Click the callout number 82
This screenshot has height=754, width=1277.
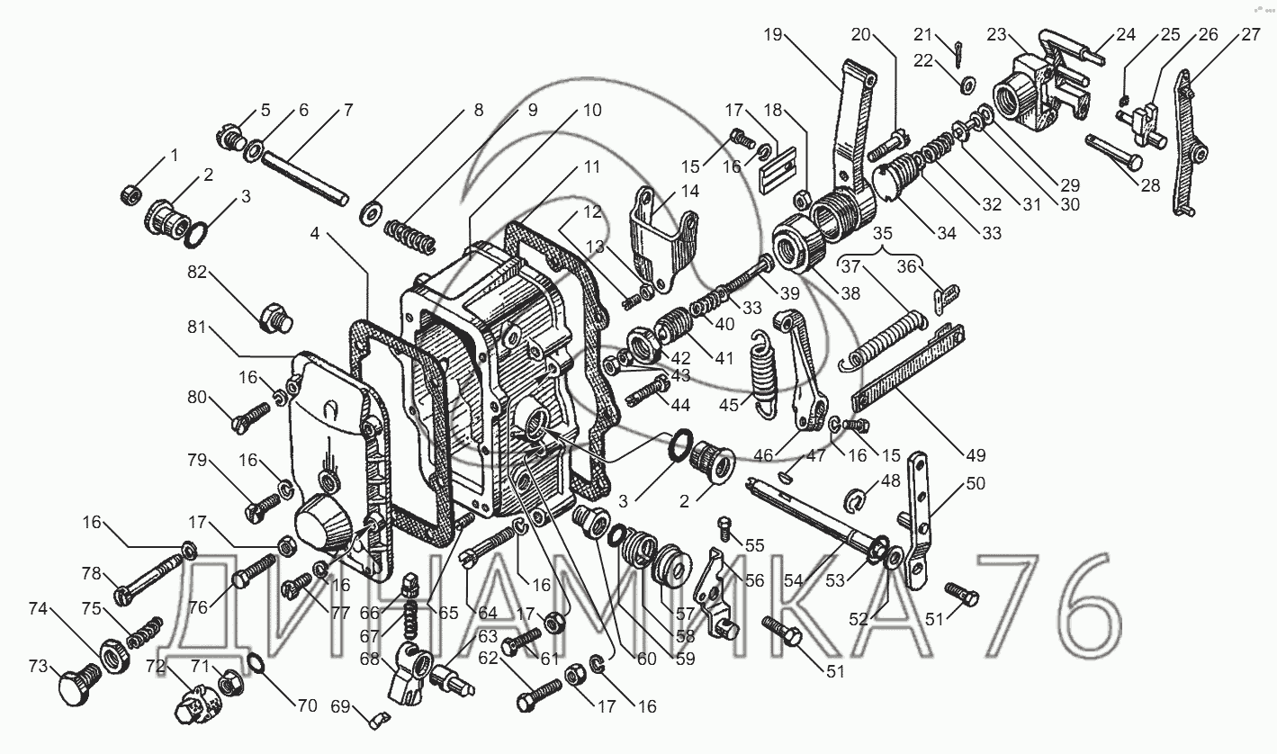pyautogui.click(x=197, y=273)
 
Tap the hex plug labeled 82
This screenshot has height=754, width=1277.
pyautogui.click(x=276, y=319)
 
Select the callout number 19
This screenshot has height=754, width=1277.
pyautogui.click(x=773, y=35)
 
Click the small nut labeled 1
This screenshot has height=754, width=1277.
pyautogui.click(x=131, y=194)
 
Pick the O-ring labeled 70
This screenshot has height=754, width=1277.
pyautogui.click(x=256, y=664)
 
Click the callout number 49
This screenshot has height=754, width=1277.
pyautogui.click(x=976, y=454)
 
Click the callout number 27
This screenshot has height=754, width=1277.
pyautogui.click(x=1251, y=35)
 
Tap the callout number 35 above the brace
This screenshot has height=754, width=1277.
pyautogui.click(x=883, y=234)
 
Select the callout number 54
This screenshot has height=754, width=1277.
pyautogui.click(x=793, y=580)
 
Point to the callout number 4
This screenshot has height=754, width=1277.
pyautogui.click(x=315, y=234)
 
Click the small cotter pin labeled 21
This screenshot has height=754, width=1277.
pyautogui.click(x=958, y=54)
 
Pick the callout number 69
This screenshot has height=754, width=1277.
pyautogui.click(x=340, y=706)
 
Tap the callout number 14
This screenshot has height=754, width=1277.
pyautogui.click(x=689, y=191)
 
